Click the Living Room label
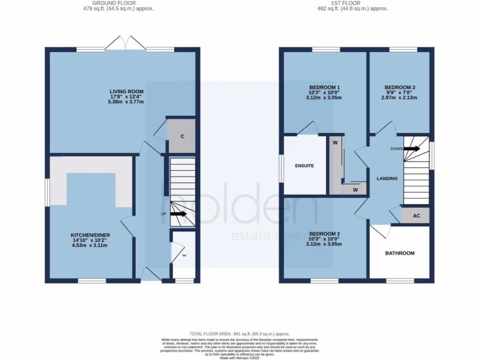point(127,91)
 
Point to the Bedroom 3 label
point(400,87)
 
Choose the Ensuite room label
point(304,166)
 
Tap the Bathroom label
point(400,253)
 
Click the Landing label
point(387,179)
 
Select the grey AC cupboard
point(416,216)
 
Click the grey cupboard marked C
point(182,136)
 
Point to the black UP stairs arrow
point(178,214)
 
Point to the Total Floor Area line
point(240,333)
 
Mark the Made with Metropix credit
point(240,357)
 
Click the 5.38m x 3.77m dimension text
point(127,102)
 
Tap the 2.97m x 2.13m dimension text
point(400,98)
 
